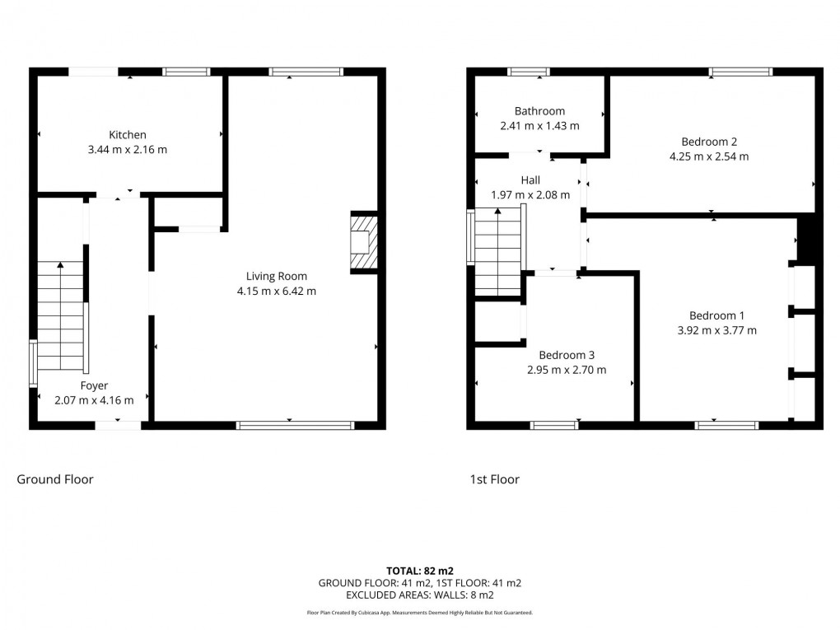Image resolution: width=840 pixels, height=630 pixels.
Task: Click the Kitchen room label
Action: coord(128,134)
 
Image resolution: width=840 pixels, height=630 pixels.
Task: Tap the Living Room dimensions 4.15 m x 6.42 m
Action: coord(276,291)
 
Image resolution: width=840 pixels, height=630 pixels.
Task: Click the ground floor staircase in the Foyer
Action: coord(61,317)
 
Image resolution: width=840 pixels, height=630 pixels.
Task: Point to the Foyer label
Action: coord(94,385)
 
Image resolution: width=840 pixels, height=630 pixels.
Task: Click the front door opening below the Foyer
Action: coord(117,425)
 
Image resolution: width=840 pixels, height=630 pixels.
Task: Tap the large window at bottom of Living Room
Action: coord(295,425)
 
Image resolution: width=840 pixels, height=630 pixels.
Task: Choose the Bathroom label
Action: coord(539,111)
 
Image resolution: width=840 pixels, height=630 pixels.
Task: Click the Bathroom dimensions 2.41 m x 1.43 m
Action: coord(539,126)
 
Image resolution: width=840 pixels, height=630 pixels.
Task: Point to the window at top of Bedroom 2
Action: coord(741,72)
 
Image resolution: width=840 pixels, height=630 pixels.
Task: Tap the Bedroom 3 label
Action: coord(567,355)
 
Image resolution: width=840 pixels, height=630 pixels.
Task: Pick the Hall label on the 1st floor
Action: coord(530,180)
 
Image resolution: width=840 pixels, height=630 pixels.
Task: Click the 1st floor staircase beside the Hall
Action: coord(498,251)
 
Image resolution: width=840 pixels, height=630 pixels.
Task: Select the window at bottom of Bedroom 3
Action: coord(554,425)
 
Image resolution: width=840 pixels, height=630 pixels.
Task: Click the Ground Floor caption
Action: coord(55,479)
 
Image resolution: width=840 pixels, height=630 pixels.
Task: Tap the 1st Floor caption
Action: coord(494,479)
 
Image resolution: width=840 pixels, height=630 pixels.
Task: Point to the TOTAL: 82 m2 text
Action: coord(420,570)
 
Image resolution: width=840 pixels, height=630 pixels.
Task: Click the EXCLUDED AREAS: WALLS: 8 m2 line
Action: coord(420,595)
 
